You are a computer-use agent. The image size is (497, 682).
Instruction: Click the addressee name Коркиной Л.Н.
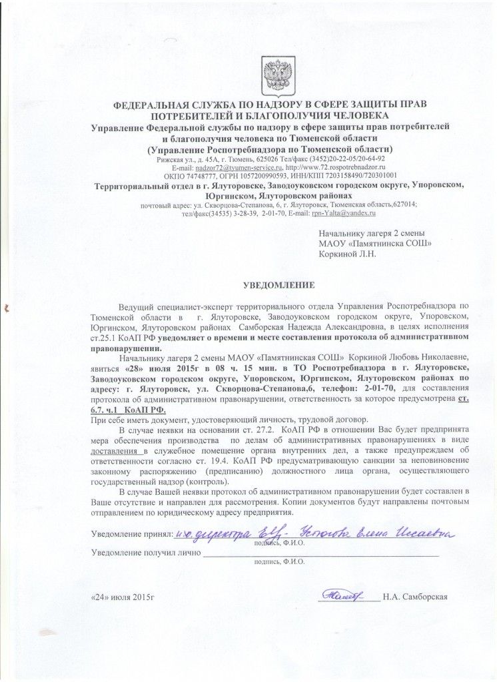347,254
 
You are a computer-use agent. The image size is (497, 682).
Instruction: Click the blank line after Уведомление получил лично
320,553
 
